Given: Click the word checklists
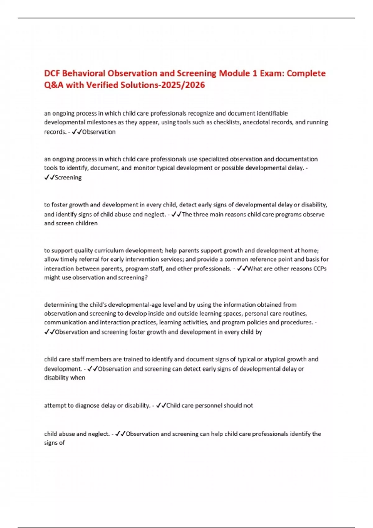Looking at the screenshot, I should click(227, 122).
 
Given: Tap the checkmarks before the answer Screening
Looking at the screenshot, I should click(49, 177).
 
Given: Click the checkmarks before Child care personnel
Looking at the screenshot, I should click(161, 405).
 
